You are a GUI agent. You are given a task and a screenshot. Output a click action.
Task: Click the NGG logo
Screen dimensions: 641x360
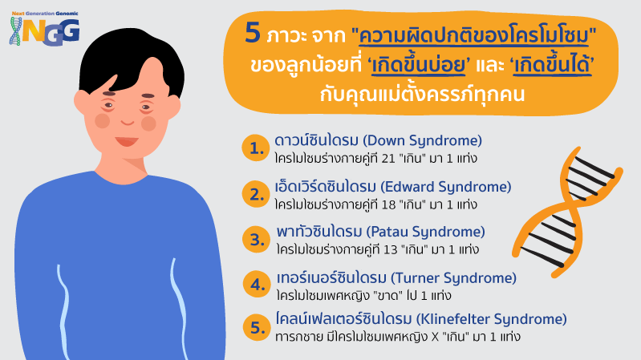point(44,28)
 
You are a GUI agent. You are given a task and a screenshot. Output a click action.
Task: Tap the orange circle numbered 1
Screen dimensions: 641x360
point(255,148)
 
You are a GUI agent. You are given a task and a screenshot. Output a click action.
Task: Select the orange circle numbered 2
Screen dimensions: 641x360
point(255,194)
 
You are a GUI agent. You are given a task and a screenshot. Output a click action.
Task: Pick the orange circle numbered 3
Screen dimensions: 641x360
point(256,239)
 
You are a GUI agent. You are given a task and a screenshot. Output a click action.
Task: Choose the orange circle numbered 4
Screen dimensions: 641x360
point(257,284)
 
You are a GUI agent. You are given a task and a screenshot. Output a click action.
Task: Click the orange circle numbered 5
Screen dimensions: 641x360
point(257,327)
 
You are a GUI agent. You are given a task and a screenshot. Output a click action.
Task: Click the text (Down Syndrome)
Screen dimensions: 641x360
point(423,141)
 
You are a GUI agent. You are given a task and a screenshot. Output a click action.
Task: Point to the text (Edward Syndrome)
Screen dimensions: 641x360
point(446,187)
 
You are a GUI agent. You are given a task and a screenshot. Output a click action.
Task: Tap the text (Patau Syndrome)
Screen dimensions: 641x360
point(425,232)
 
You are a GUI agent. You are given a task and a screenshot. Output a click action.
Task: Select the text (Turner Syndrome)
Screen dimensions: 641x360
point(454,278)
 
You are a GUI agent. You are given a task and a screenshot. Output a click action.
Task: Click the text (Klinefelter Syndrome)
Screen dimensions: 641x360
point(491,319)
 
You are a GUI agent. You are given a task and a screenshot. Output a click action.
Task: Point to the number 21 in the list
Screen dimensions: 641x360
point(388,159)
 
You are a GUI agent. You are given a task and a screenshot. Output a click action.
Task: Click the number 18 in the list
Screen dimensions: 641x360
point(388,204)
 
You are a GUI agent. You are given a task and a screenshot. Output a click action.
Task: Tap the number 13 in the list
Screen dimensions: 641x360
point(390,249)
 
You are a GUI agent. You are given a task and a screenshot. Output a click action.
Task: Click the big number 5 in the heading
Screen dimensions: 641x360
point(253,33)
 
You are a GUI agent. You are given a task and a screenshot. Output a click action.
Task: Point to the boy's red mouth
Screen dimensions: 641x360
point(127,141)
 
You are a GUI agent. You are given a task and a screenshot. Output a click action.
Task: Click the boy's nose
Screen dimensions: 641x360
point(128,122)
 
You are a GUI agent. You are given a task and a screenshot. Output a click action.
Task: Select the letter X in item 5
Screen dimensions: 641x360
point(435,337)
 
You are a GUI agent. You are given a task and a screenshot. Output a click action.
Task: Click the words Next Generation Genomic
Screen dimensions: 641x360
point(45,14)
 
